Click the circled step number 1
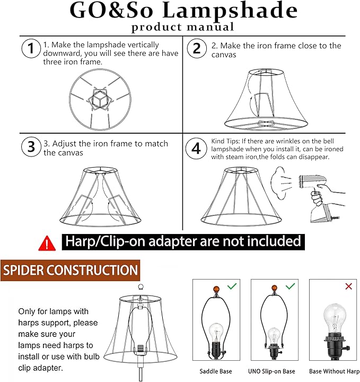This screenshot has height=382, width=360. click(31, 49)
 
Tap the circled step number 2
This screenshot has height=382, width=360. click(197, 49)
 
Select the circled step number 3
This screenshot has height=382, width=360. click(31, 146)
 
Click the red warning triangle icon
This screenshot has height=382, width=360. click(47, 243)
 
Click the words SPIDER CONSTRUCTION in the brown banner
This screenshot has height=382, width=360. click(70, 270)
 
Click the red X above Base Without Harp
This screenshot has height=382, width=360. click(348, 286)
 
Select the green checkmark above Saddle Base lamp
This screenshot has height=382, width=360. click(232, 286)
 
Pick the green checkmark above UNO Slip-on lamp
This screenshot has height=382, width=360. click(290, 286)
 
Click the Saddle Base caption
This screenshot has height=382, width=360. click(215, 371)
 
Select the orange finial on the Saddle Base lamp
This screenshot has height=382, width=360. click(215, 289)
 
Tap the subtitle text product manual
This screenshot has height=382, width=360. click(182, 27)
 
